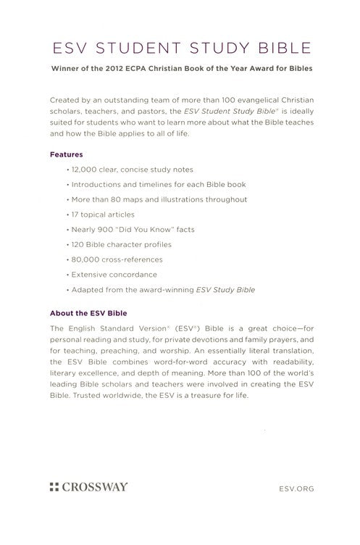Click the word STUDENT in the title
pos(135,49)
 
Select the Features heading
pos(65,154)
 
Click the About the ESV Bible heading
pos(88,313)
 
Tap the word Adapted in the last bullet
pos(88,291)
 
